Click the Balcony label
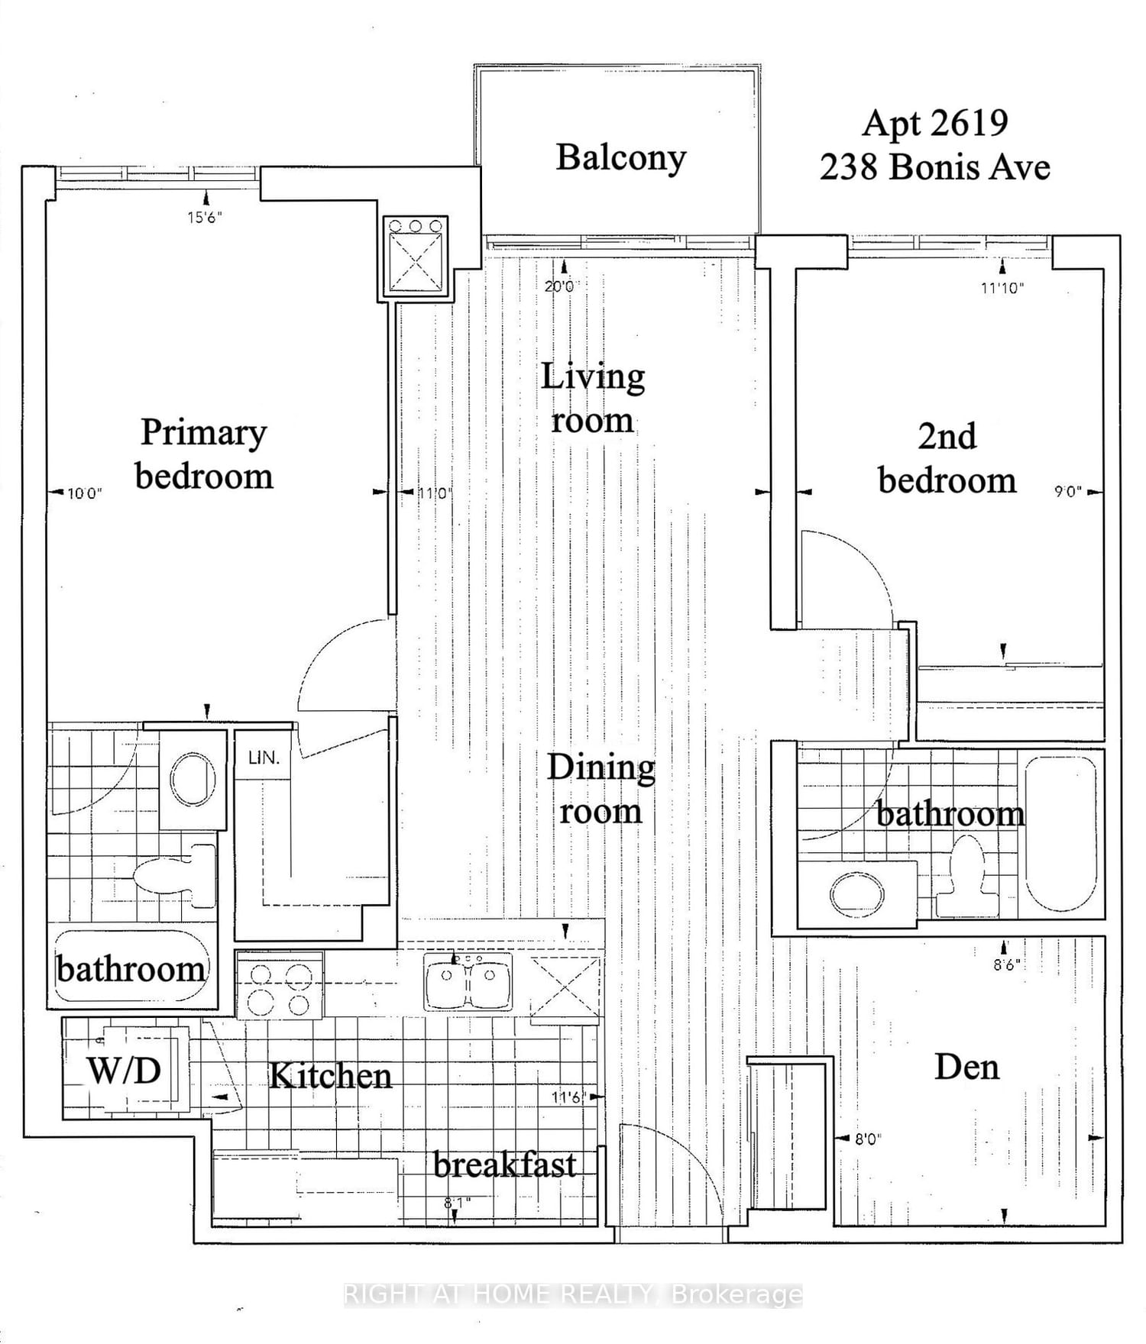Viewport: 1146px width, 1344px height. coord(620,158)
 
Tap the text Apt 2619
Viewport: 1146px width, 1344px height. coord(935,124)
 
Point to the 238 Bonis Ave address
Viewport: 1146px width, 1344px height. coord(935,167)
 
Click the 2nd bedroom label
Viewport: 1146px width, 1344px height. coord(947,458)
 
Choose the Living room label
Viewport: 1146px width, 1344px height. coord(593,398)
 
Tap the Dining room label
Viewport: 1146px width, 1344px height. coord(601,789)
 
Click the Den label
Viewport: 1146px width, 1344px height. coord(966,1067)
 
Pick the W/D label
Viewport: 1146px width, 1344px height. coord(124,1071)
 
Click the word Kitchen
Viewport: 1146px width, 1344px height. coord(331,1076)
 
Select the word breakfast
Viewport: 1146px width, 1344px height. coord(504,1165)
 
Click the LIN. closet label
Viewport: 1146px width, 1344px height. coord(264,758)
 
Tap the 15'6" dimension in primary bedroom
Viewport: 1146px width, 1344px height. coord(204,218)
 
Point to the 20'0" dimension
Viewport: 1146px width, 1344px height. coord(562,286)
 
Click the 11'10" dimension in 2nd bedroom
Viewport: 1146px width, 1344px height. coord(1002,288)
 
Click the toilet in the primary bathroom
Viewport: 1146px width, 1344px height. coord(172,875)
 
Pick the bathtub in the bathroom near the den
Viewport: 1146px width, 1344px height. coord(1060,834)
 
